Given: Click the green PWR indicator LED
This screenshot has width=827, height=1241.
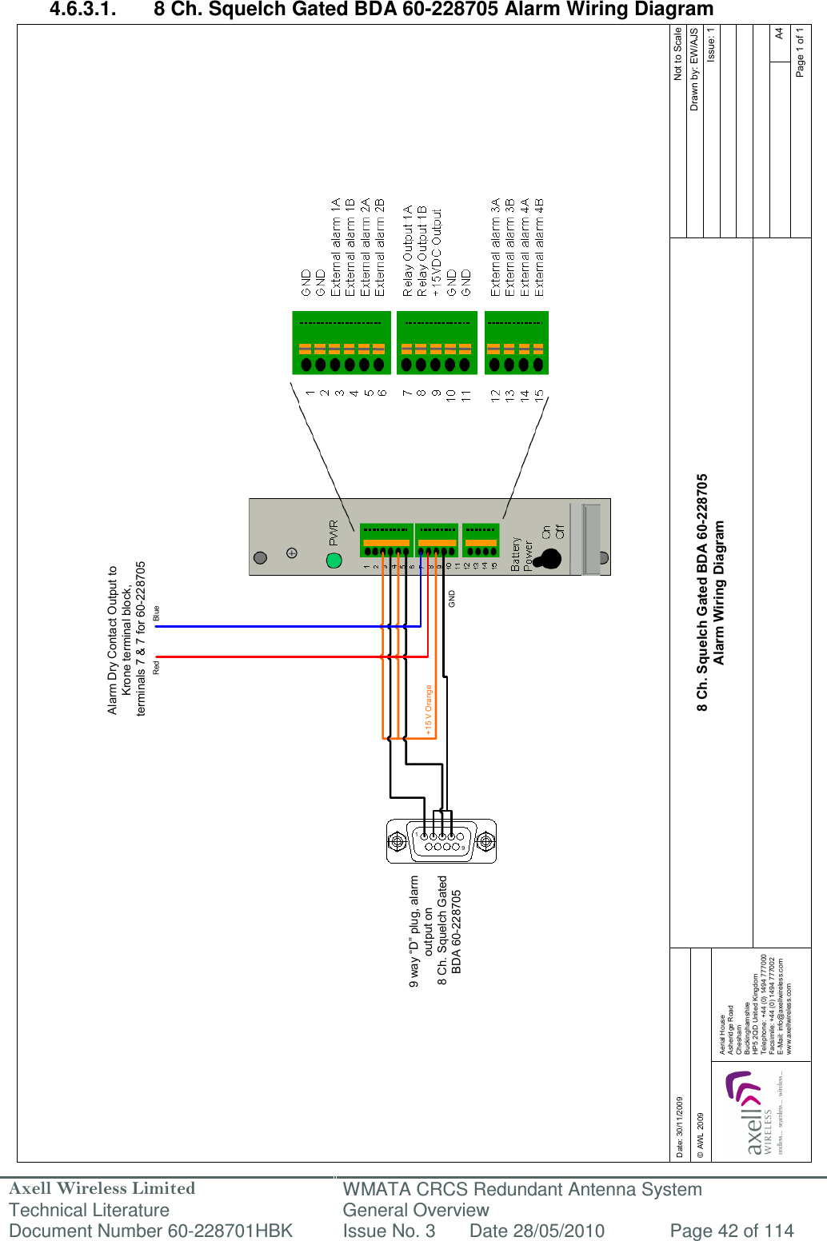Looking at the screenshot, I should (x=334, y=560).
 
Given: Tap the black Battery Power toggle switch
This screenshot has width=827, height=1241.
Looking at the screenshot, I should (x=549, y=558).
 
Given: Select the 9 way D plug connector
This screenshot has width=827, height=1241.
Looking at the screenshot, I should (x=441, y=841).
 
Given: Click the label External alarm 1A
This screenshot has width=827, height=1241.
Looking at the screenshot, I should (x=336, y=248).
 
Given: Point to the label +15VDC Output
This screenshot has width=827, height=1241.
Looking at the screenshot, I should (x=437, y=253).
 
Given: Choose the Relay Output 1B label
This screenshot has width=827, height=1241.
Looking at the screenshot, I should (x=422, y=251).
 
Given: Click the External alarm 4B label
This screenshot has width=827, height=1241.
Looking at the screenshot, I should (x=539, y=248).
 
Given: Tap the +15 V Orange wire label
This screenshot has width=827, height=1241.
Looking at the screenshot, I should (x=429, y=710).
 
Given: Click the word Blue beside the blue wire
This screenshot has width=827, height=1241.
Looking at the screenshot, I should (x=157, y=613).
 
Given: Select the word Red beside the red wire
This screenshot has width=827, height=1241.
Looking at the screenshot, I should (x=157, y=666).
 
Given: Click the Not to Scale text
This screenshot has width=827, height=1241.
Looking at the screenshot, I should (x=678, y=54).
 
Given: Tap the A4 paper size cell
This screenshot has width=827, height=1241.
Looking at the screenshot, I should (x=780, y=34).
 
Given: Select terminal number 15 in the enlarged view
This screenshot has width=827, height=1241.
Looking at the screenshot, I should (x=539, y=395).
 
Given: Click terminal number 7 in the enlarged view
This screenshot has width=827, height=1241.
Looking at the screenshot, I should (x=407, y=393).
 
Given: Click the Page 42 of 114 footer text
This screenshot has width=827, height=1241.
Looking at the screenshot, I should (x=731, y=1231).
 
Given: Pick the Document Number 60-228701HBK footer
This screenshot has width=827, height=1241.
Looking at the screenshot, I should (x=150, y=1231).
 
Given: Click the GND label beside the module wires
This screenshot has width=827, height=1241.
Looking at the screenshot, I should (x=452, y=598).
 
